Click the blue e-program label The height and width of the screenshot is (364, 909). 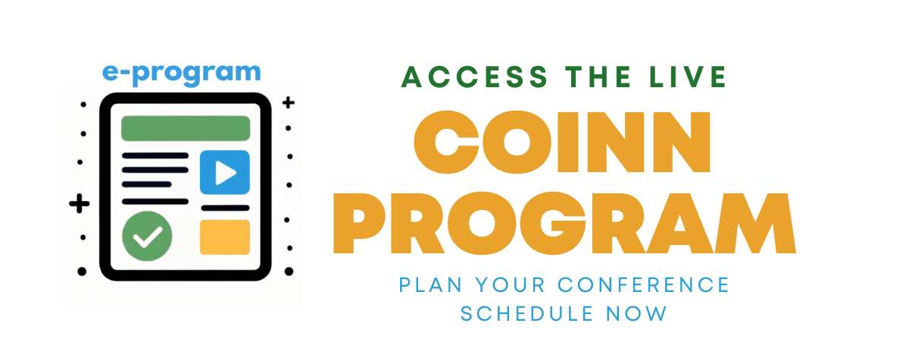(x=181, y=74)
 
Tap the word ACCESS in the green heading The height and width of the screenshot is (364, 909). (x=475, y=77)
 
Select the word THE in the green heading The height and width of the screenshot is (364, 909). (x=598, y=77)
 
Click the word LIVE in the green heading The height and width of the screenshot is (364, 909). (x=689, y=77)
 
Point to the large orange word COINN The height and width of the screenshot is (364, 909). (x=562, y=143)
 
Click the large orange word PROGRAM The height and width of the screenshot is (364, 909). (x=564, y=224)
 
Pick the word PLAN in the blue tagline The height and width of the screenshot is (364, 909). (x=430, y=285)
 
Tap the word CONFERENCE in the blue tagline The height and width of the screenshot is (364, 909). (x=644, y=285)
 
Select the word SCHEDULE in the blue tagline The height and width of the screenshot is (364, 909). (x=527, y=314)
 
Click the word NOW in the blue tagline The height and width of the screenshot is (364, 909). (x=636, y=314)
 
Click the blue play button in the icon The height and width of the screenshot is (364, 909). (x=225, y=172)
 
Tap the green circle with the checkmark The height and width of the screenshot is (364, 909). (x=147, y=236)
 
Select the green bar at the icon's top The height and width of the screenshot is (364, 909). (x=186, y=128)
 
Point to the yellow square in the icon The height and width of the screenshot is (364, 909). (x=225, y=237)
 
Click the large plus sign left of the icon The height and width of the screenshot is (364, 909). (x=79, y=203)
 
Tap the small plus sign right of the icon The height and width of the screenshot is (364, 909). (x=289, y=102)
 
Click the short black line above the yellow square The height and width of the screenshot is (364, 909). (x=225, y=208)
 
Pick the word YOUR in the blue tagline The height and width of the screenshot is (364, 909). (x=510, y=285)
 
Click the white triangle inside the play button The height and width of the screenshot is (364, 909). (x=225, y=173)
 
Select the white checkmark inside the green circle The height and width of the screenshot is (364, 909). (x=148, y=237)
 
